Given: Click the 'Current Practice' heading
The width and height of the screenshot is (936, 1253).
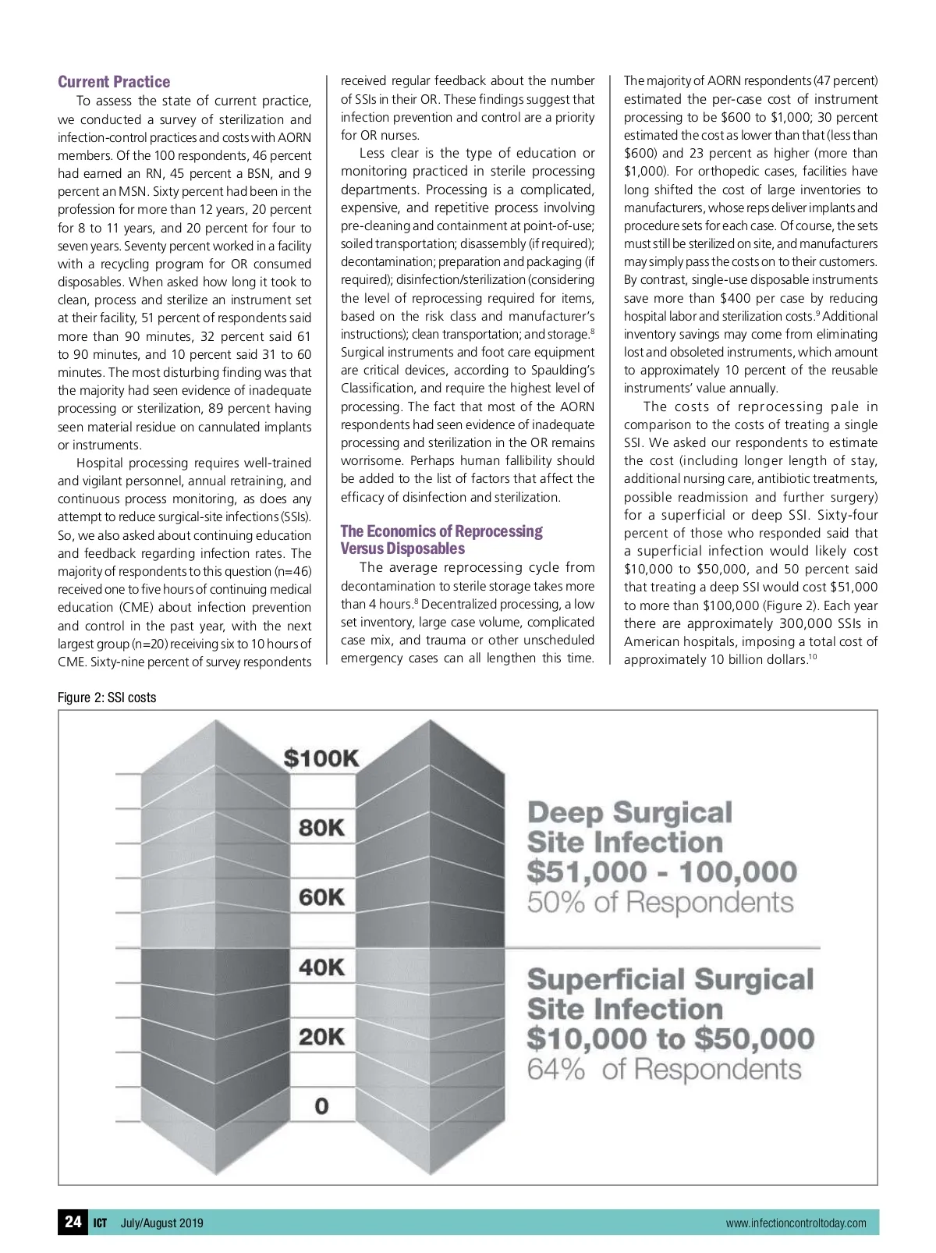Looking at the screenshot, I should click(x=114, y=82).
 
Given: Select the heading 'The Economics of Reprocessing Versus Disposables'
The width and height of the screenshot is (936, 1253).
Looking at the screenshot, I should click(x=441, y=540).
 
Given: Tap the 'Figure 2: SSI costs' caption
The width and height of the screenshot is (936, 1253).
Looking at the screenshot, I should click(x=107, y=697).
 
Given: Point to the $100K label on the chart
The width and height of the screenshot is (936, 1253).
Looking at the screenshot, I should click(x=321, y=758).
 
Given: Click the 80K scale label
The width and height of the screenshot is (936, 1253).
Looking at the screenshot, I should click(x=321, y=828).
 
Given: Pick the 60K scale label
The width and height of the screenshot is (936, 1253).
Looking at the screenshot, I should click(x=321, y=897).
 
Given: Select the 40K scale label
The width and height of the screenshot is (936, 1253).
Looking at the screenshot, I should click(x=321, y=967).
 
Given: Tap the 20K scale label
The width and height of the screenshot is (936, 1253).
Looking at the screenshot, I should click(x=321, y=1037).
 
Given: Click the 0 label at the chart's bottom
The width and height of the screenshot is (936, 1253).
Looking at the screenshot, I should click(x=321, y=1106).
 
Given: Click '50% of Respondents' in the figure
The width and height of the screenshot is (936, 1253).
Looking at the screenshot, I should click(x=660, y=903).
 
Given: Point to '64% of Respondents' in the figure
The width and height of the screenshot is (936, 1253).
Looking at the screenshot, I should click(x=664, y=1069).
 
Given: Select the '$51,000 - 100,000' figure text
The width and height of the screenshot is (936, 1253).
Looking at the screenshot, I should click(x=662, y=872).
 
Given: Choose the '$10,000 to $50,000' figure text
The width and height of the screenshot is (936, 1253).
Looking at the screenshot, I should click(x=670, y=1038).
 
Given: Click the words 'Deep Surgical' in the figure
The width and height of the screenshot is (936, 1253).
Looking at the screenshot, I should click(x=629, y=812).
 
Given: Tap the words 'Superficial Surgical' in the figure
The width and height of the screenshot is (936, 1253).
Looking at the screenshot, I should click(x=670, y=979).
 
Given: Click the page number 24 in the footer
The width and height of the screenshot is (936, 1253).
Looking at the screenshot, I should click(x=73, y=1222).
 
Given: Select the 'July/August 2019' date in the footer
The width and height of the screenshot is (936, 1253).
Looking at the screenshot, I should click(x=161, y=1223).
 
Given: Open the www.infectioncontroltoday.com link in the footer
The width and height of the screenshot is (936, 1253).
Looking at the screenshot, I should click(x=796, y=1223).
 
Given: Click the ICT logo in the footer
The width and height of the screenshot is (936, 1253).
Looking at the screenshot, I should click(x=100, y=1223).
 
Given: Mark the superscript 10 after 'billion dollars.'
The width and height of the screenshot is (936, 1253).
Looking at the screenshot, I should click(x=812, y=656).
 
